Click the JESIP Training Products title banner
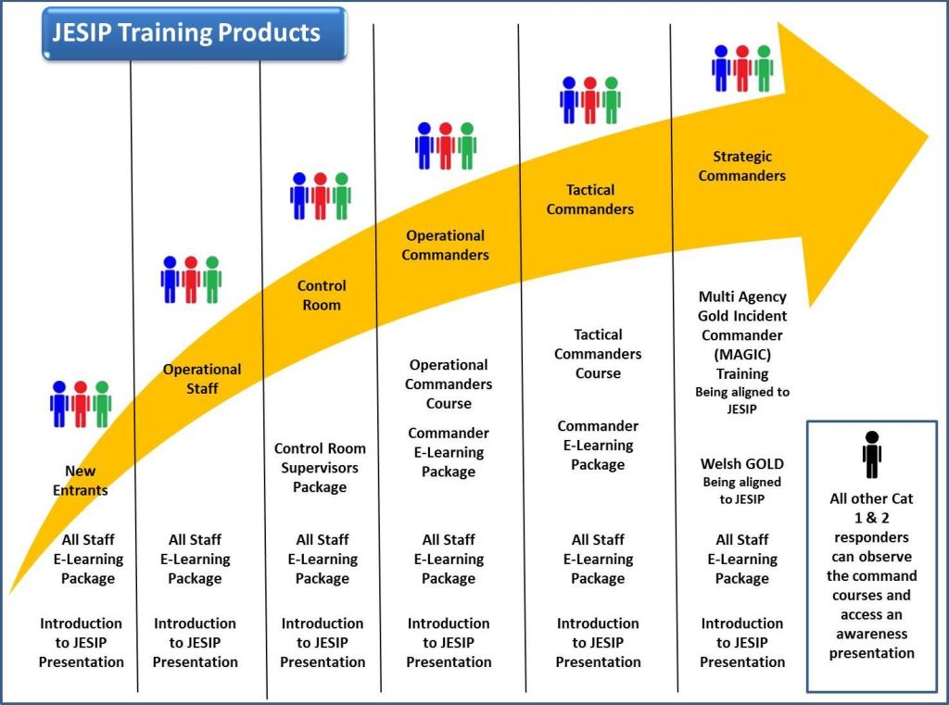pos(195,33)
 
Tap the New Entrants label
pos(80,481)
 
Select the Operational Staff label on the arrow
pos(202,379)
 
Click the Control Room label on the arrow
pos(322,296)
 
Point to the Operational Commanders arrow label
pos(446,245)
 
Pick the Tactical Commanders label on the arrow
pos(590,200)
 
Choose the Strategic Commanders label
pos(742,166)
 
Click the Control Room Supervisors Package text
pos(320,468)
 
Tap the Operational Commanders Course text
pos(449,384)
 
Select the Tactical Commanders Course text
pos(598,354)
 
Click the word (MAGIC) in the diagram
pos(742,355)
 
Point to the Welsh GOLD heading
pos(742,464)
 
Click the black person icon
pos(871,455)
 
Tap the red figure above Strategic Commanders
pos(742,69)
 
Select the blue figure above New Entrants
pos(59,404)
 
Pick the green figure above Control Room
pos(342,196)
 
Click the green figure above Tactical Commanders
pos(612,100)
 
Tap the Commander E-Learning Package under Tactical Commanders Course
pos(598,446)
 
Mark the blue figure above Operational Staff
pos(171,280)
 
